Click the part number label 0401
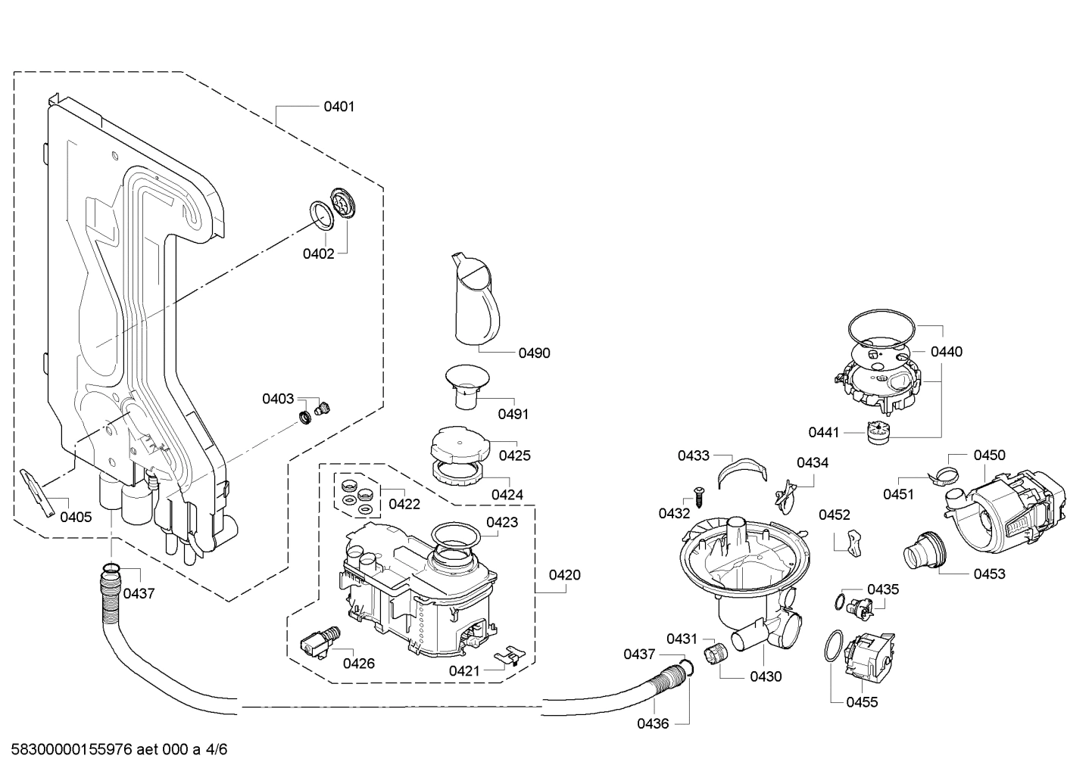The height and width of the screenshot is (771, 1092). (339, 107)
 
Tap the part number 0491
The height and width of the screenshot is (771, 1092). (513, 414)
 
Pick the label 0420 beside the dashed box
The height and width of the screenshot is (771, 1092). (564, 575)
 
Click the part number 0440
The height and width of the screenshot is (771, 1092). (946, 352)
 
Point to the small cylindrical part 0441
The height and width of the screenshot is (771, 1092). (877, 432)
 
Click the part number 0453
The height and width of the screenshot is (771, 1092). (989, 574)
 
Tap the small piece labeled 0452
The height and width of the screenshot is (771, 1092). (852, 541)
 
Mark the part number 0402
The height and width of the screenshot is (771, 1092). (318, 254)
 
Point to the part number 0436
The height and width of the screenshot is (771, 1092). (652, 723)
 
